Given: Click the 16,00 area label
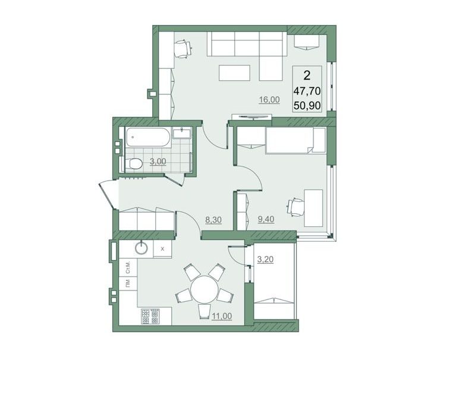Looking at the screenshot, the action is click(x=269, y=100).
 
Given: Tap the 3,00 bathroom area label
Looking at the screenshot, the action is click(x=158, y=162).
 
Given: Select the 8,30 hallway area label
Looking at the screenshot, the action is click(x=213, y=220).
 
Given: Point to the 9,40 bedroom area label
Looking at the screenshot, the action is click(x=266, y=219).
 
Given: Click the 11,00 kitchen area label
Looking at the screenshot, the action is click(x=222, y=316).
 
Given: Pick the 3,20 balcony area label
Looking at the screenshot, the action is click(x=265, y=260).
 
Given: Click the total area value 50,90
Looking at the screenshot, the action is click(x=307, y=106).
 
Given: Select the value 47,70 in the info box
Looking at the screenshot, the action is click(x=307, y=91).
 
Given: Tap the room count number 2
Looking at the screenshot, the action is click(x=307, y=75).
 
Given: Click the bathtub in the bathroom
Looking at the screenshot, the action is click(x=148, y=137).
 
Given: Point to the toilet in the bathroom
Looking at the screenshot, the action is click(x=133, y=164).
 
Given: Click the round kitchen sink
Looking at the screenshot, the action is click(x=142, y=248).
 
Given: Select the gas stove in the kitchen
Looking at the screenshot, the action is click(x=150, y=315).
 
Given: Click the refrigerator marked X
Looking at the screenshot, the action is click(x=162, y=249).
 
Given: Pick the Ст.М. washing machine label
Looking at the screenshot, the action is click(x=128, y=267).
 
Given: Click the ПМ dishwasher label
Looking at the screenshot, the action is click(x=128, y=283).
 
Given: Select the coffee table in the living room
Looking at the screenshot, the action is click(x=234, y=72).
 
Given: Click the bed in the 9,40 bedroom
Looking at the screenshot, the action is click(x=296, y=141).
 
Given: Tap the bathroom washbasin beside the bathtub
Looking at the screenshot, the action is click(x=181, y=133).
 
